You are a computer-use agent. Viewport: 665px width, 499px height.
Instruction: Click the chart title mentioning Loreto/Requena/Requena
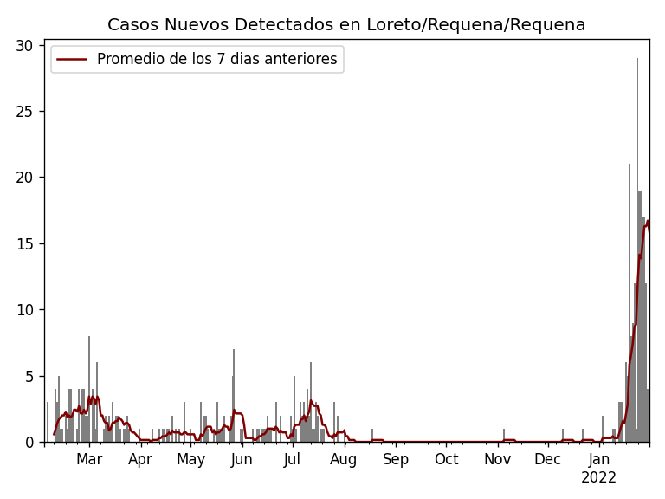346,25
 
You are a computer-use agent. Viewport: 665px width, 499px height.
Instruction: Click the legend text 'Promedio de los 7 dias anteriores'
216,60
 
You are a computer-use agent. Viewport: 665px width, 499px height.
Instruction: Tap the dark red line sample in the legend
73,60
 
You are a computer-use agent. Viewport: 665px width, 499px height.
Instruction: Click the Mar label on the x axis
89,460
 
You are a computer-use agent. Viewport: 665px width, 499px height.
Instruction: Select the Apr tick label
140,460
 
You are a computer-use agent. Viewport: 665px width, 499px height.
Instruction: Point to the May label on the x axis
190,460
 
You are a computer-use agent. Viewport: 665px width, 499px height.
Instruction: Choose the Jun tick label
242,460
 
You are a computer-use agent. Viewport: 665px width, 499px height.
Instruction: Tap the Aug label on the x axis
343,460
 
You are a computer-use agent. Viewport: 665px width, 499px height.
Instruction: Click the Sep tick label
395,460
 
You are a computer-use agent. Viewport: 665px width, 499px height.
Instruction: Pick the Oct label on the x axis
446,460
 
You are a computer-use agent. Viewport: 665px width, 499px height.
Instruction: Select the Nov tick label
497,460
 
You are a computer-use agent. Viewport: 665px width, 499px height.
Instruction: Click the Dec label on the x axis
547,460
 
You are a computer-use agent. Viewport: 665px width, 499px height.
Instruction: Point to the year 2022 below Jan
598,478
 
